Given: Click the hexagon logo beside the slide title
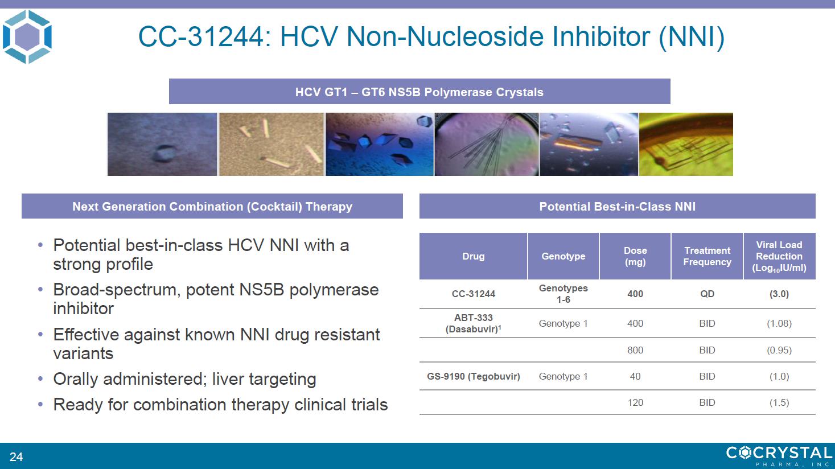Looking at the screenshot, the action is coord(27,36).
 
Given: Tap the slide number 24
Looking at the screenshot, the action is coord(16,456).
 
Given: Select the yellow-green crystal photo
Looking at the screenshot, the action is coord(686,144).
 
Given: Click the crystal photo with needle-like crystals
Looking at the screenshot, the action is coord(487,144).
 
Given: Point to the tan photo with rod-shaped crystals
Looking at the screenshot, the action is coord(271,144).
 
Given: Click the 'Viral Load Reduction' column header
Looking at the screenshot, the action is coord(779,256).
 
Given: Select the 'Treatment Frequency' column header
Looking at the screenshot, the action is coord(707,256).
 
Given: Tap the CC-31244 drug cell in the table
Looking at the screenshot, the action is coord(474,294).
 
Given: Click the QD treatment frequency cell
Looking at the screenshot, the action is coord(707,294).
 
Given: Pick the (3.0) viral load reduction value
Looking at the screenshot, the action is coord(779,294).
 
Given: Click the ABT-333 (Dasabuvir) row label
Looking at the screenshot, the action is coord(474,323).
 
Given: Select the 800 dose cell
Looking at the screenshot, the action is coord(635,350).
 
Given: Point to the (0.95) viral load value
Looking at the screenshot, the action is coord(779,350).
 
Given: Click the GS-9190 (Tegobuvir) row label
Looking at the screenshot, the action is coord(474,376).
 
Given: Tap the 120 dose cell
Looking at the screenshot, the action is coord(635,402).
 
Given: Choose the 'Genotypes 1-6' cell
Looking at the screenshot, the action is coord(563,294).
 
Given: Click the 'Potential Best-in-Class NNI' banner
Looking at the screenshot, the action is coord(618,206).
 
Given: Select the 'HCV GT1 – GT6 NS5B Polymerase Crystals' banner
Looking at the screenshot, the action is coord(419,91).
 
